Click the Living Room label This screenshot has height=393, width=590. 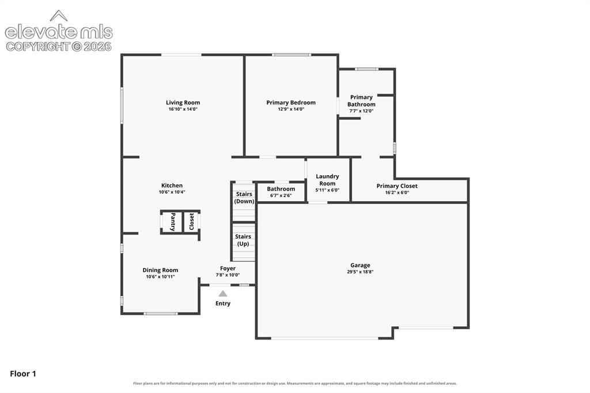(183, 103)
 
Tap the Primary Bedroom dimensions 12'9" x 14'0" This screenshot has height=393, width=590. (291, 109)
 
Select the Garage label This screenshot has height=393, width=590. (360, 265)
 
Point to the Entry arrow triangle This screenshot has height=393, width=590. (223, 294)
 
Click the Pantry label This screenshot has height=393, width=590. (173, 222)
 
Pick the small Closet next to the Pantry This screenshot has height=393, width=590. (191, 222)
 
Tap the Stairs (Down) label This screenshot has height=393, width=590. (244, 198)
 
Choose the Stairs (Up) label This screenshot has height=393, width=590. (243, 240)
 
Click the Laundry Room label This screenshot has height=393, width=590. (327, 180)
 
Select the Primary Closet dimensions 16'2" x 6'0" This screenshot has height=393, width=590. (397, 192)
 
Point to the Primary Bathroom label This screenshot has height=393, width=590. (361, 100)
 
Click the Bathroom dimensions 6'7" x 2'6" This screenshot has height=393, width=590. (281, 195)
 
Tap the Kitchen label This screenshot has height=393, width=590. (172, 185)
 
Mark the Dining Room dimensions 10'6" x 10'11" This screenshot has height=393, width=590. (160, 277)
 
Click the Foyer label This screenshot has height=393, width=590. (228, 269)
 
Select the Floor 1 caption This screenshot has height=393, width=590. (23, 374)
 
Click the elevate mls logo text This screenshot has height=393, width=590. (59, 32)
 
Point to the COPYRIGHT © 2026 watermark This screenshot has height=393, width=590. (59, 47)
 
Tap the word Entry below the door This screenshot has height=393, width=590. (223, 304)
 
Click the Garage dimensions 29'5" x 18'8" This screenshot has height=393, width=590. (360, 272)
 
